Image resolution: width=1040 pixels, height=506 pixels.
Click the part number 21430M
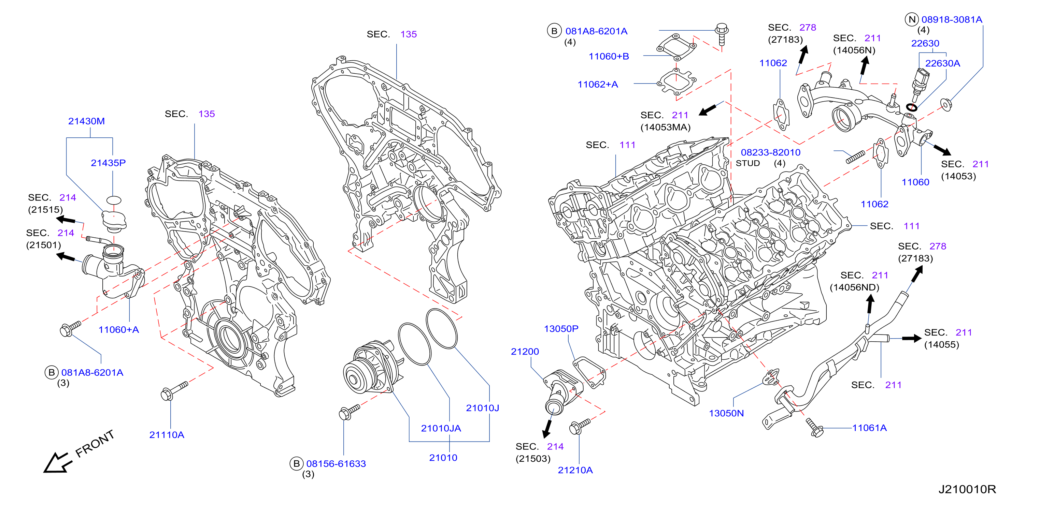(x=86, y=121)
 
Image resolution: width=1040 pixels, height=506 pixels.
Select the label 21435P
(x=108, y=163)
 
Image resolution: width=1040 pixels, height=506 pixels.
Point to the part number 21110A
(x=167, y=435)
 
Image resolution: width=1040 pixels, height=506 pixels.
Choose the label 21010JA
(x=441, y=428)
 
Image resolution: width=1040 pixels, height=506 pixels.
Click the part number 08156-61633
(x=336, y=464)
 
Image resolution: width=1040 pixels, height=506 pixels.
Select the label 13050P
(x=561, y=329)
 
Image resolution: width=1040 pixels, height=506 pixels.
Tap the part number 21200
(x=525, y=352)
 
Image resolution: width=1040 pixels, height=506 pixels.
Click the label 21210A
(x=575, y=470)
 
